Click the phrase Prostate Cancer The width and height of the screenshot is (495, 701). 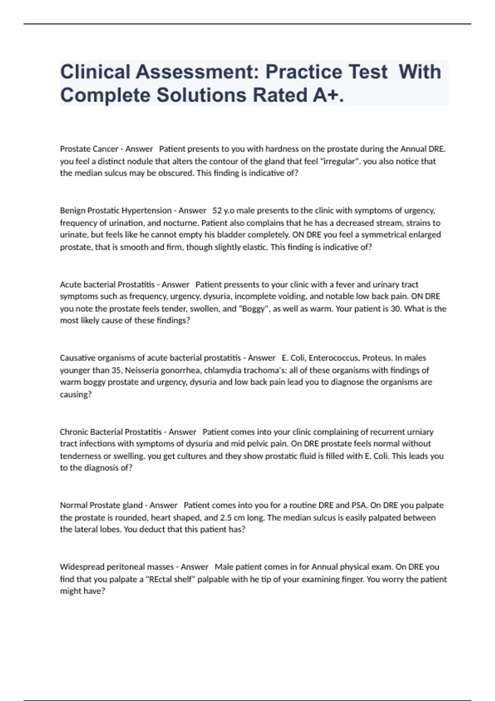pyautogui.click(x=89, y=149)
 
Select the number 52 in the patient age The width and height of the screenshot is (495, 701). pyautogui.click(x=217, y=211)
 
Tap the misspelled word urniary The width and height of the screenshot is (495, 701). pyautogui.click(x=420, y=432)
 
